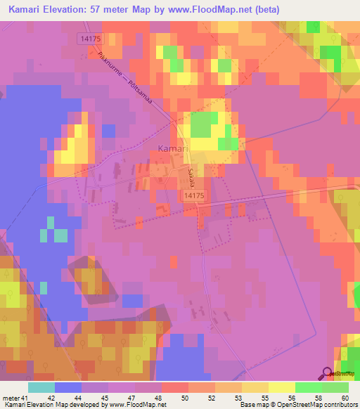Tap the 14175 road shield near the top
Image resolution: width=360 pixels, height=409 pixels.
pyautogui.click(x=91, y=39)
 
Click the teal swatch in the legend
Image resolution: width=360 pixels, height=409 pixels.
pyautogui.click(x=41, y=387)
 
